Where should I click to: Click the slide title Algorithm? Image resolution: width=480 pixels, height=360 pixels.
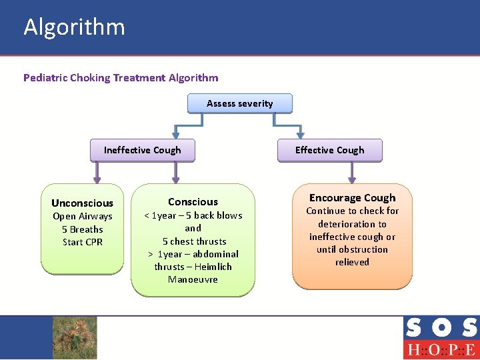click(74, 27)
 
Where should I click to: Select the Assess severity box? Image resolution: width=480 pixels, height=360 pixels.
click(239, 103)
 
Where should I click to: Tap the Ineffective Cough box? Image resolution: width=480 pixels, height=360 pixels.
click(142, 150)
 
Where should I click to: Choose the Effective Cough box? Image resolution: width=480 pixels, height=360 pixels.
click(329, 150)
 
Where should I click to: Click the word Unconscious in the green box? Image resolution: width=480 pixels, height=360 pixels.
click(82, 203)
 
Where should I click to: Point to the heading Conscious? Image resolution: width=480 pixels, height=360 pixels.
click(193, 201)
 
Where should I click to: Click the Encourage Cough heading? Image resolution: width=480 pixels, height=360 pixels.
click(352, 197)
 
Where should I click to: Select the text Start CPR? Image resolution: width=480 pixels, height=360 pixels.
click(82, 242)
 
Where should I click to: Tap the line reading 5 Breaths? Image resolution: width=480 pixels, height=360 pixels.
click(82, 229)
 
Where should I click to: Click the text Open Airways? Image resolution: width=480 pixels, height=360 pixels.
click(82, 216)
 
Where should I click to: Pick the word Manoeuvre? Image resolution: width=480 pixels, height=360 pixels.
click(193, 279)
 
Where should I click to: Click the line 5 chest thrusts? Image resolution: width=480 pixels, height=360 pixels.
click(194, 241)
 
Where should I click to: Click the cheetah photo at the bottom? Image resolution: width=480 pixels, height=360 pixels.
click(75, 337)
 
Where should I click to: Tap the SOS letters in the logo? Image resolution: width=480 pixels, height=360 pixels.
click(441, 328)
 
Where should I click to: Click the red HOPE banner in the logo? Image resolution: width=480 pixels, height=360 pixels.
click(441, 349)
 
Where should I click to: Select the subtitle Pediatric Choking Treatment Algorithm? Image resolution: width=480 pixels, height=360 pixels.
click(121, 77)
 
